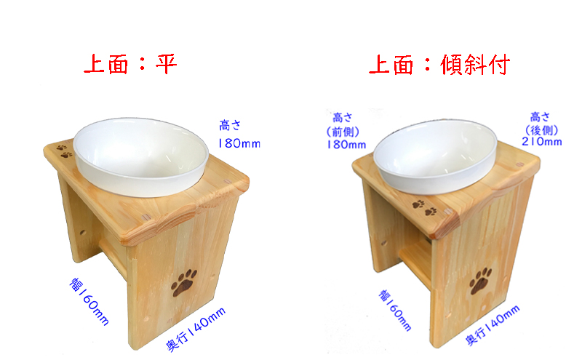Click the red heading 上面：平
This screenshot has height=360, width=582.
click(130, 64)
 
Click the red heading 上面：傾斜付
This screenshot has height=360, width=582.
click(439, 65)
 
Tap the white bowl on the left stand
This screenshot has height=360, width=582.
click(140, 156)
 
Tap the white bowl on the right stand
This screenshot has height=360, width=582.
click(435, 156)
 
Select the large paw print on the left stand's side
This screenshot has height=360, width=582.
click(184, 282)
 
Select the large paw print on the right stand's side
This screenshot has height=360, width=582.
click(480, 281)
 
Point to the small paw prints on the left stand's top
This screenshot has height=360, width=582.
click(64, 151)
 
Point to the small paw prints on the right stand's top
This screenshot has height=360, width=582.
click(425, 208)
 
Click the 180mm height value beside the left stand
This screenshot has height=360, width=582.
click(239, 143)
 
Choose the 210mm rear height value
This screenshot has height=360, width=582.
click(541, 141)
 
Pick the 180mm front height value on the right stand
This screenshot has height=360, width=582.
click(346, 145)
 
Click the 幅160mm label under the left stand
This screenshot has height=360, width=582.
click(89, 301)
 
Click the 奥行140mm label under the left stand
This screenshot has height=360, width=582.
click(196, 329)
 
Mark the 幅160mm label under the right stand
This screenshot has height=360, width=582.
click(395, 311)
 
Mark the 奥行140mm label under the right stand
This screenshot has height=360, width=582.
click(493, 325)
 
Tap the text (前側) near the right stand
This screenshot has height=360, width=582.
click(343, 132)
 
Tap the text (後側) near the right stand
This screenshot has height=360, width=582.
click(541, 129)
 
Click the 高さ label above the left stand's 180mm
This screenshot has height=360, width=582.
click(230, 125)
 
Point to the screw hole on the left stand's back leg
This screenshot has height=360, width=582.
click(82, 233)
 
